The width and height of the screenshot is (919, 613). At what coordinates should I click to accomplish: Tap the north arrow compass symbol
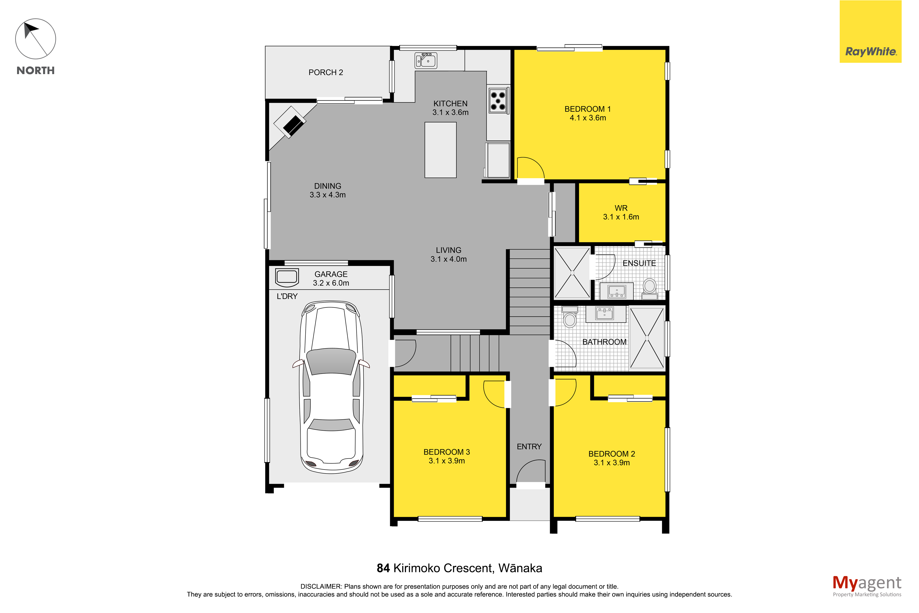pyautogui.click(x=35, y=39)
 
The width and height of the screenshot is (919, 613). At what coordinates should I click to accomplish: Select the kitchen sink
pyautogui.click(x=426, y=61)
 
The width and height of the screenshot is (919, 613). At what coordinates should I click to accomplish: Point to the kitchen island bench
pyautogui.click(x=441, y=150)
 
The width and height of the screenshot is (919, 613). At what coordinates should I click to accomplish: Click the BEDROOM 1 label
pyautogui.click(x=587, y=109)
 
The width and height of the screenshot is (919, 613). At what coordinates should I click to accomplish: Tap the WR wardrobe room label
pyautogui.click(x=621, y=208)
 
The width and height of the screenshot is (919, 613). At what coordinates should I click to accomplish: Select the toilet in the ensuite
pyautogui.click(x=650, y=289)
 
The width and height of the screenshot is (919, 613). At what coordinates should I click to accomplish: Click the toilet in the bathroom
pyautogui.click(x=570, y=317)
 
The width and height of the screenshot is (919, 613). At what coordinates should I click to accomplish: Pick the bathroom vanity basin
pyautogui.click(x=605, y=313)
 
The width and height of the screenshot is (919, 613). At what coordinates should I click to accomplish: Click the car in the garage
pyautogui.click(x=331, y=387)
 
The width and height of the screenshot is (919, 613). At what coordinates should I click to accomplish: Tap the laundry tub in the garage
pyautogui.click(x=287, y=277)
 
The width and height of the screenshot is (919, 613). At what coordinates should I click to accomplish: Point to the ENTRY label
pyautogui.click(x=529, y=446)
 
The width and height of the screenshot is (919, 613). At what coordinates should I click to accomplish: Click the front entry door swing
pyautogui.click(x=530, y=471)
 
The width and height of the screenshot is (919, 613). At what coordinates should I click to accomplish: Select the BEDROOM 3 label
pyautogui.click(x=447, y=452)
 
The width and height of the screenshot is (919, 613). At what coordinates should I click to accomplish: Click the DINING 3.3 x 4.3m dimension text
pyautogui.click(x=328, y=195)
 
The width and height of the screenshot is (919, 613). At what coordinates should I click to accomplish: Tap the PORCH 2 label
pyautogui.click(x=326, y=72)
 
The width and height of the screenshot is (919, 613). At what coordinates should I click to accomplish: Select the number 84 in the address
pyautogui.click(x=383, y=568)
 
